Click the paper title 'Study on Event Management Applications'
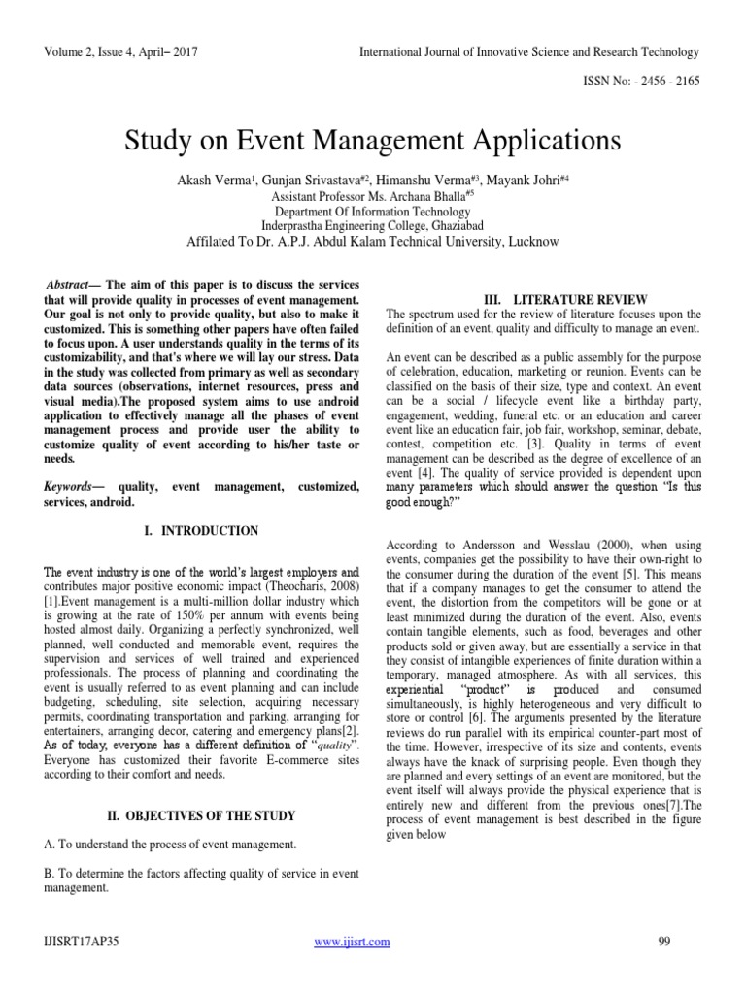coord(372,141)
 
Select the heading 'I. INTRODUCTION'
coord(197,531)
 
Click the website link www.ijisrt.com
coord(354,941)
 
